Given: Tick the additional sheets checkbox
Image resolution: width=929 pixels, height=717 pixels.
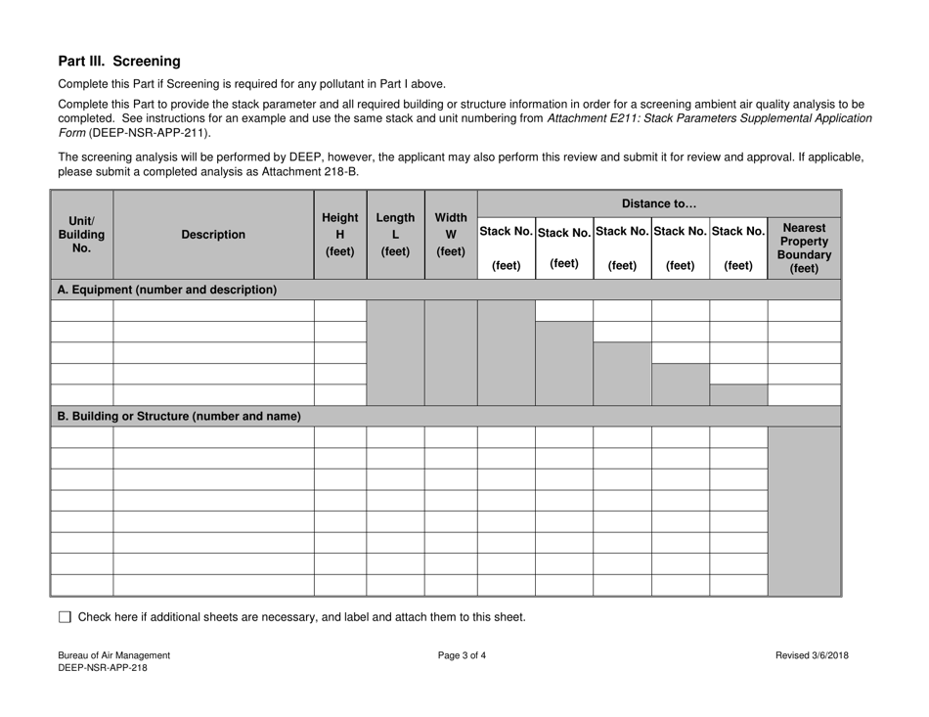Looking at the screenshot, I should (66, 617).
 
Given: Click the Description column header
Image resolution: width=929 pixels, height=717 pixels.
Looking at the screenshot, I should (213, 235).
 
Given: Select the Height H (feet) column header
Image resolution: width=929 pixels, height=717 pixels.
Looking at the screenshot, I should (339, 235).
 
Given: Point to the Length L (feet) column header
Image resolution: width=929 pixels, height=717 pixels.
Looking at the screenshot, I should (394, 235).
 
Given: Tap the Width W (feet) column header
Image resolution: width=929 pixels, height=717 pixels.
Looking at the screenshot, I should (450, 235).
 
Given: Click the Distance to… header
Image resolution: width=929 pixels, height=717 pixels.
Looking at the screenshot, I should (658, 203).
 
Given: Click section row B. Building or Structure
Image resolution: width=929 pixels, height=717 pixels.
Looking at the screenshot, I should (179, 416).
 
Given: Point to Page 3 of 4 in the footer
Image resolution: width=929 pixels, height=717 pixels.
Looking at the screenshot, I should (463, 655).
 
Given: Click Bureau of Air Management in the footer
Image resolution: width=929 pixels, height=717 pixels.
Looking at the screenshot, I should (113, 655).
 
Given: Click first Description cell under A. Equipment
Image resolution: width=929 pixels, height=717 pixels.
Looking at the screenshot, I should (213, 311).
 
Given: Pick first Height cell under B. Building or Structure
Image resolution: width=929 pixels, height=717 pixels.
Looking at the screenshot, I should (339, 437).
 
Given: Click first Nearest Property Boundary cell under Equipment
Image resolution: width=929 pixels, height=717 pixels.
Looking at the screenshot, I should (804, 311).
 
